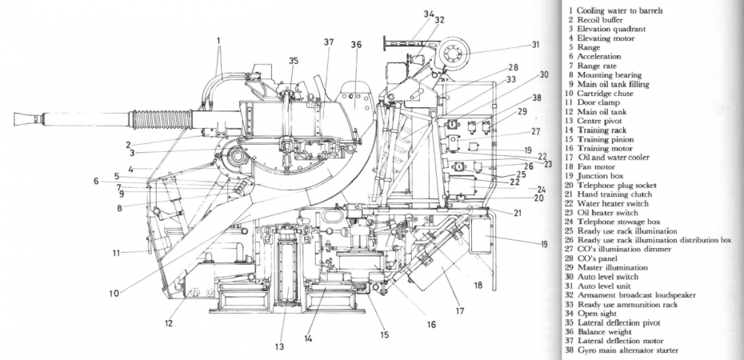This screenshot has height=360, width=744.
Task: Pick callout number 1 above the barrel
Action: (217, 38)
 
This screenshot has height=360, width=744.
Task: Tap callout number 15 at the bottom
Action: (385, 334)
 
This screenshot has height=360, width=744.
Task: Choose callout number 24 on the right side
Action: (542, 189)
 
